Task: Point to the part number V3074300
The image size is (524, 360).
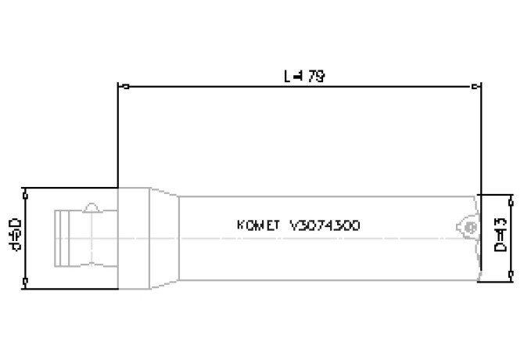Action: click(x=324, y=225)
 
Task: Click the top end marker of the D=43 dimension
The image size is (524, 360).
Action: click(x=509, y=195)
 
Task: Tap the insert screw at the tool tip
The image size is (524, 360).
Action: click(x=469, y=226)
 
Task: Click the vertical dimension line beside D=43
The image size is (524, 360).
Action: click(x=509, y=235)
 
